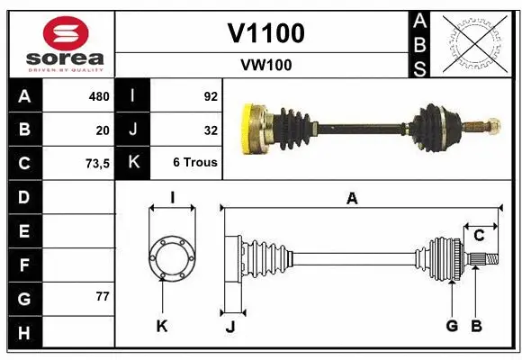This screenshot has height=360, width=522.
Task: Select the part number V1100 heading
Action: click(x=265, y=34)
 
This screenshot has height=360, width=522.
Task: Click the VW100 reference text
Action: click(x=265, y=65)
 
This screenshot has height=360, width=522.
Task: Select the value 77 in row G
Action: click(x=102, y=296)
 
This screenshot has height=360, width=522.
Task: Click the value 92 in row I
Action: click(x=210, y=96)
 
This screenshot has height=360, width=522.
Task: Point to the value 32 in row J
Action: click(x=211, y=130)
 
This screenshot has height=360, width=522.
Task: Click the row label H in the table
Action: click(x=24, y=333)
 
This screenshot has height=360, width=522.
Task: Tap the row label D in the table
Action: click(x=24, y=196)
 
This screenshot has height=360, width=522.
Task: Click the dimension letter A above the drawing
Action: click(x=352, y=199)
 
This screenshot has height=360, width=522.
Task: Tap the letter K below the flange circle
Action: click(x=162, y=326)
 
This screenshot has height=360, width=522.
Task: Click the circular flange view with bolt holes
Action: click(x=171, y=256)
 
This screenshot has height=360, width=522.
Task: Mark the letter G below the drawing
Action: click(x=452, y=326)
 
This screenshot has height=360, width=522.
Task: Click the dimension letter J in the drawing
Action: click(x=229, y=327)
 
